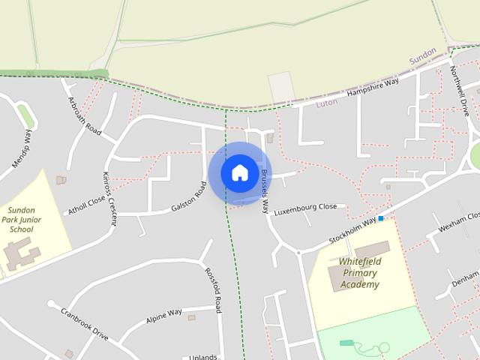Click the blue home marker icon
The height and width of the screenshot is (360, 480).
pyautogui.click(x=239, y=172)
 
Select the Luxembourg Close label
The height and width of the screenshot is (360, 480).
pyautogui.click(x=305, y=210)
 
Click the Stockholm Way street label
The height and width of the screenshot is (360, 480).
pyautogui.click(x=352, y=231)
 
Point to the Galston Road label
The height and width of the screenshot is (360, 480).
pyautogui.click(x=188, y=197)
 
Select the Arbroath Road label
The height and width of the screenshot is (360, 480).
pyautogui.click(x=84, y=116)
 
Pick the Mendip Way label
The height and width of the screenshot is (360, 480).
pyautogui.click(x=22, y=148)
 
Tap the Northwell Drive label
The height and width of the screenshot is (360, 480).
pyautogui.click(x=459, y=90)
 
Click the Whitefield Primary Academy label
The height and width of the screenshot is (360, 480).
pyautogui.click(x=360, y=272)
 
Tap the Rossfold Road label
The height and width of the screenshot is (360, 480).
pyautogui.click(x=213, y=289)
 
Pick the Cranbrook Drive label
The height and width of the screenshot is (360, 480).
pyautogui.click(x=85, y=324)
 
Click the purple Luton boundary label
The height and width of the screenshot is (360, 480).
pyautogui.click(x=327, y=103)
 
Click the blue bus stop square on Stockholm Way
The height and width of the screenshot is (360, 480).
pyautogui.click(x=381, y=218)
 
